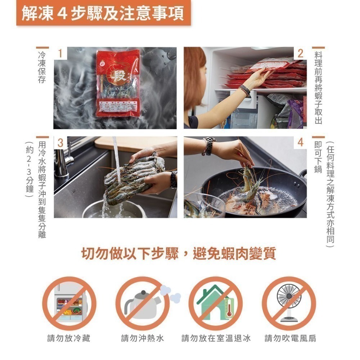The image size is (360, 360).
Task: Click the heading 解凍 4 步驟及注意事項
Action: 103,13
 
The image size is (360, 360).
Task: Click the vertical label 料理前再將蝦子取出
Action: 318,88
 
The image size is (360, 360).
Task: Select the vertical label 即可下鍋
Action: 318,157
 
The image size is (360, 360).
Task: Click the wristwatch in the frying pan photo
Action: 208,146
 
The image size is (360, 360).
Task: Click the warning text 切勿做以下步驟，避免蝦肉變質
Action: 179,253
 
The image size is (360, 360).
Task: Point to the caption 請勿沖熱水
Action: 143,338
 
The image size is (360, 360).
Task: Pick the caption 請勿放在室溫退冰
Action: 216,338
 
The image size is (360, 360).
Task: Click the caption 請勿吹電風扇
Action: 290,338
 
